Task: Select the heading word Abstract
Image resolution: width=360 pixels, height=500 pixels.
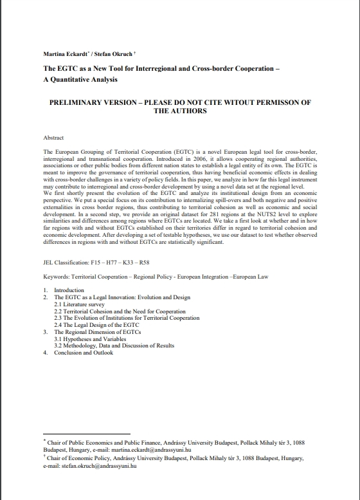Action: [54, 138]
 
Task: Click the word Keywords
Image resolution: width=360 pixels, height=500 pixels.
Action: [56, 276]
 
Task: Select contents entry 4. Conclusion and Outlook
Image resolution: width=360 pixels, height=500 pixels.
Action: [83, 353]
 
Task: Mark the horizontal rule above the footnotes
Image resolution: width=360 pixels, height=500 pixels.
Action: [86, 434]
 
